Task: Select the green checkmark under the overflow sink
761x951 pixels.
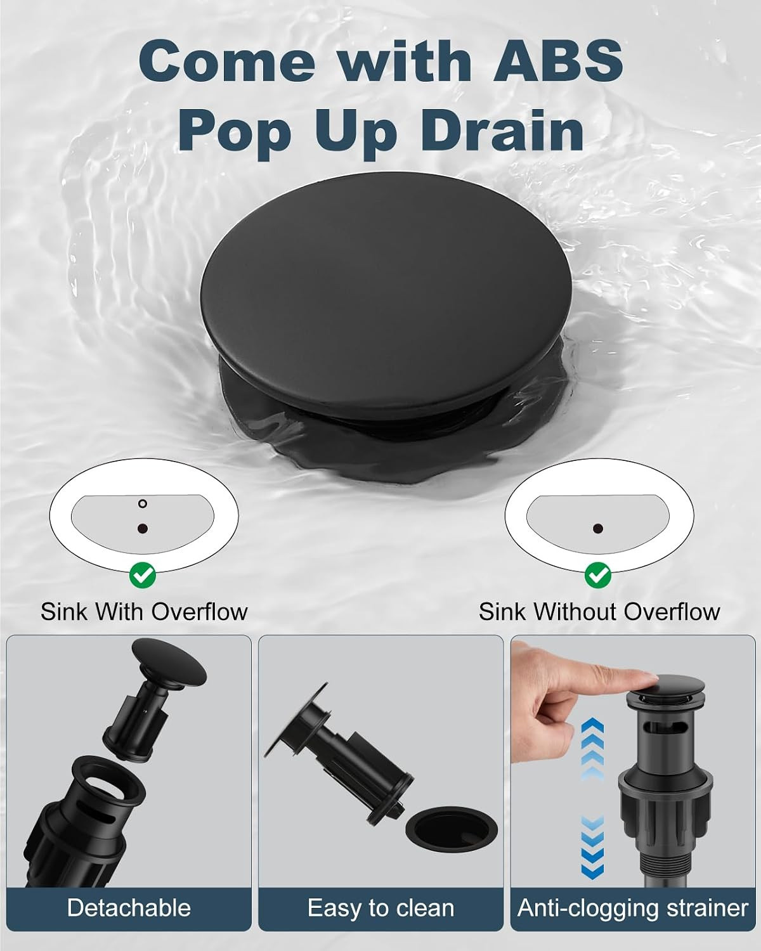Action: click(x=143, y=575)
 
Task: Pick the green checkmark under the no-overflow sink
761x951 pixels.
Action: click(x=598, y=575)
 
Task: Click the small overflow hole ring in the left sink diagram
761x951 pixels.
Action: click(x=142, y=504)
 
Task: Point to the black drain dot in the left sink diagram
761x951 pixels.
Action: click(x=142, y=528)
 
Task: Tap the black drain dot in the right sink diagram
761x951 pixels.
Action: click(x=598, y=528)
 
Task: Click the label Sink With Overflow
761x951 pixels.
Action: click(x=144, y=612)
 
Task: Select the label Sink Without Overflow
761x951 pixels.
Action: click(x=599, y=612)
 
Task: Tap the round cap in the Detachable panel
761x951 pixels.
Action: click(x=169, y=661)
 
